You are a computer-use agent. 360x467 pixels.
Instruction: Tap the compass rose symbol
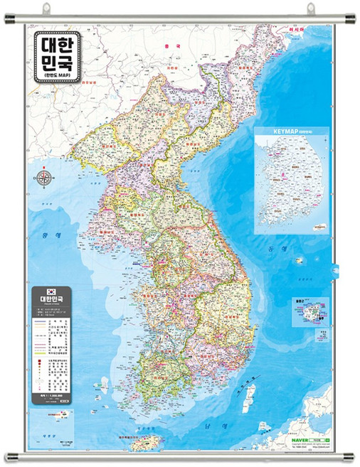click(x=45, y=178)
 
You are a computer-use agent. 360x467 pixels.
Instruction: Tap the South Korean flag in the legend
click(x=51, y=291)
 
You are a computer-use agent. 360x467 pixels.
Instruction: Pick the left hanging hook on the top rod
click(x=47, y=9)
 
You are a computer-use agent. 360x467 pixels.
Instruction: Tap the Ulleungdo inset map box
click(x=308, y=311)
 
